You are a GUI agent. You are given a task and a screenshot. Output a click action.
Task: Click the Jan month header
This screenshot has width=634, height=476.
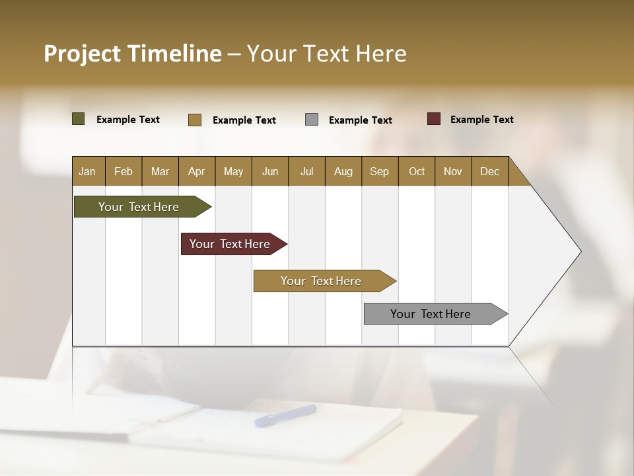coord(88,171)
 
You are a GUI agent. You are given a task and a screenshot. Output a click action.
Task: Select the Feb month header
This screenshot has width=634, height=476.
coord(123,171)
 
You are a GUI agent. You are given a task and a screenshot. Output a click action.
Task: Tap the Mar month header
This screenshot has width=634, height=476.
coord(160,171)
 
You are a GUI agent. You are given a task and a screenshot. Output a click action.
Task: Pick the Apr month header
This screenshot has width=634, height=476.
coord(197,171)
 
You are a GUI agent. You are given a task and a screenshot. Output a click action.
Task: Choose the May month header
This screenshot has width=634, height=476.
coord(233,171)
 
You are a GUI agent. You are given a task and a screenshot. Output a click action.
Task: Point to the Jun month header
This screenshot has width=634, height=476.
coord(270,171)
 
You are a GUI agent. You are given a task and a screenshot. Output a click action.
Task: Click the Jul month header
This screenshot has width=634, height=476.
coord(306,171)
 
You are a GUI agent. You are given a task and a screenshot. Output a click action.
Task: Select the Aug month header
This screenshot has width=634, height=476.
coord(343,171)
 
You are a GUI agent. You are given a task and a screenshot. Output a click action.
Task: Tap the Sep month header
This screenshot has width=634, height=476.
coord(380,171)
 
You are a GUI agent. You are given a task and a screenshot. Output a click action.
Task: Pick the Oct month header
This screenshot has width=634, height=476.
coord(417,171)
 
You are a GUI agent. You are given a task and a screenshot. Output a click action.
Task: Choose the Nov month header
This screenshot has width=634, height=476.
coord(453,171)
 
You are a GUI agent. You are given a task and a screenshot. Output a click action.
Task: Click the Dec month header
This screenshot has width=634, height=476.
coord(490,171)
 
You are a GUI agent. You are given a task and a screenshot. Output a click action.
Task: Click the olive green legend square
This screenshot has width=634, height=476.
coord(79,119)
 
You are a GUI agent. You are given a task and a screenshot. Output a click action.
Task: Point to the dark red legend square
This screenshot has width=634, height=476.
coord(434,119)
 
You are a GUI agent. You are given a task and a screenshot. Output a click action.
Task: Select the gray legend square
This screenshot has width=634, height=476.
coord(312,120)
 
